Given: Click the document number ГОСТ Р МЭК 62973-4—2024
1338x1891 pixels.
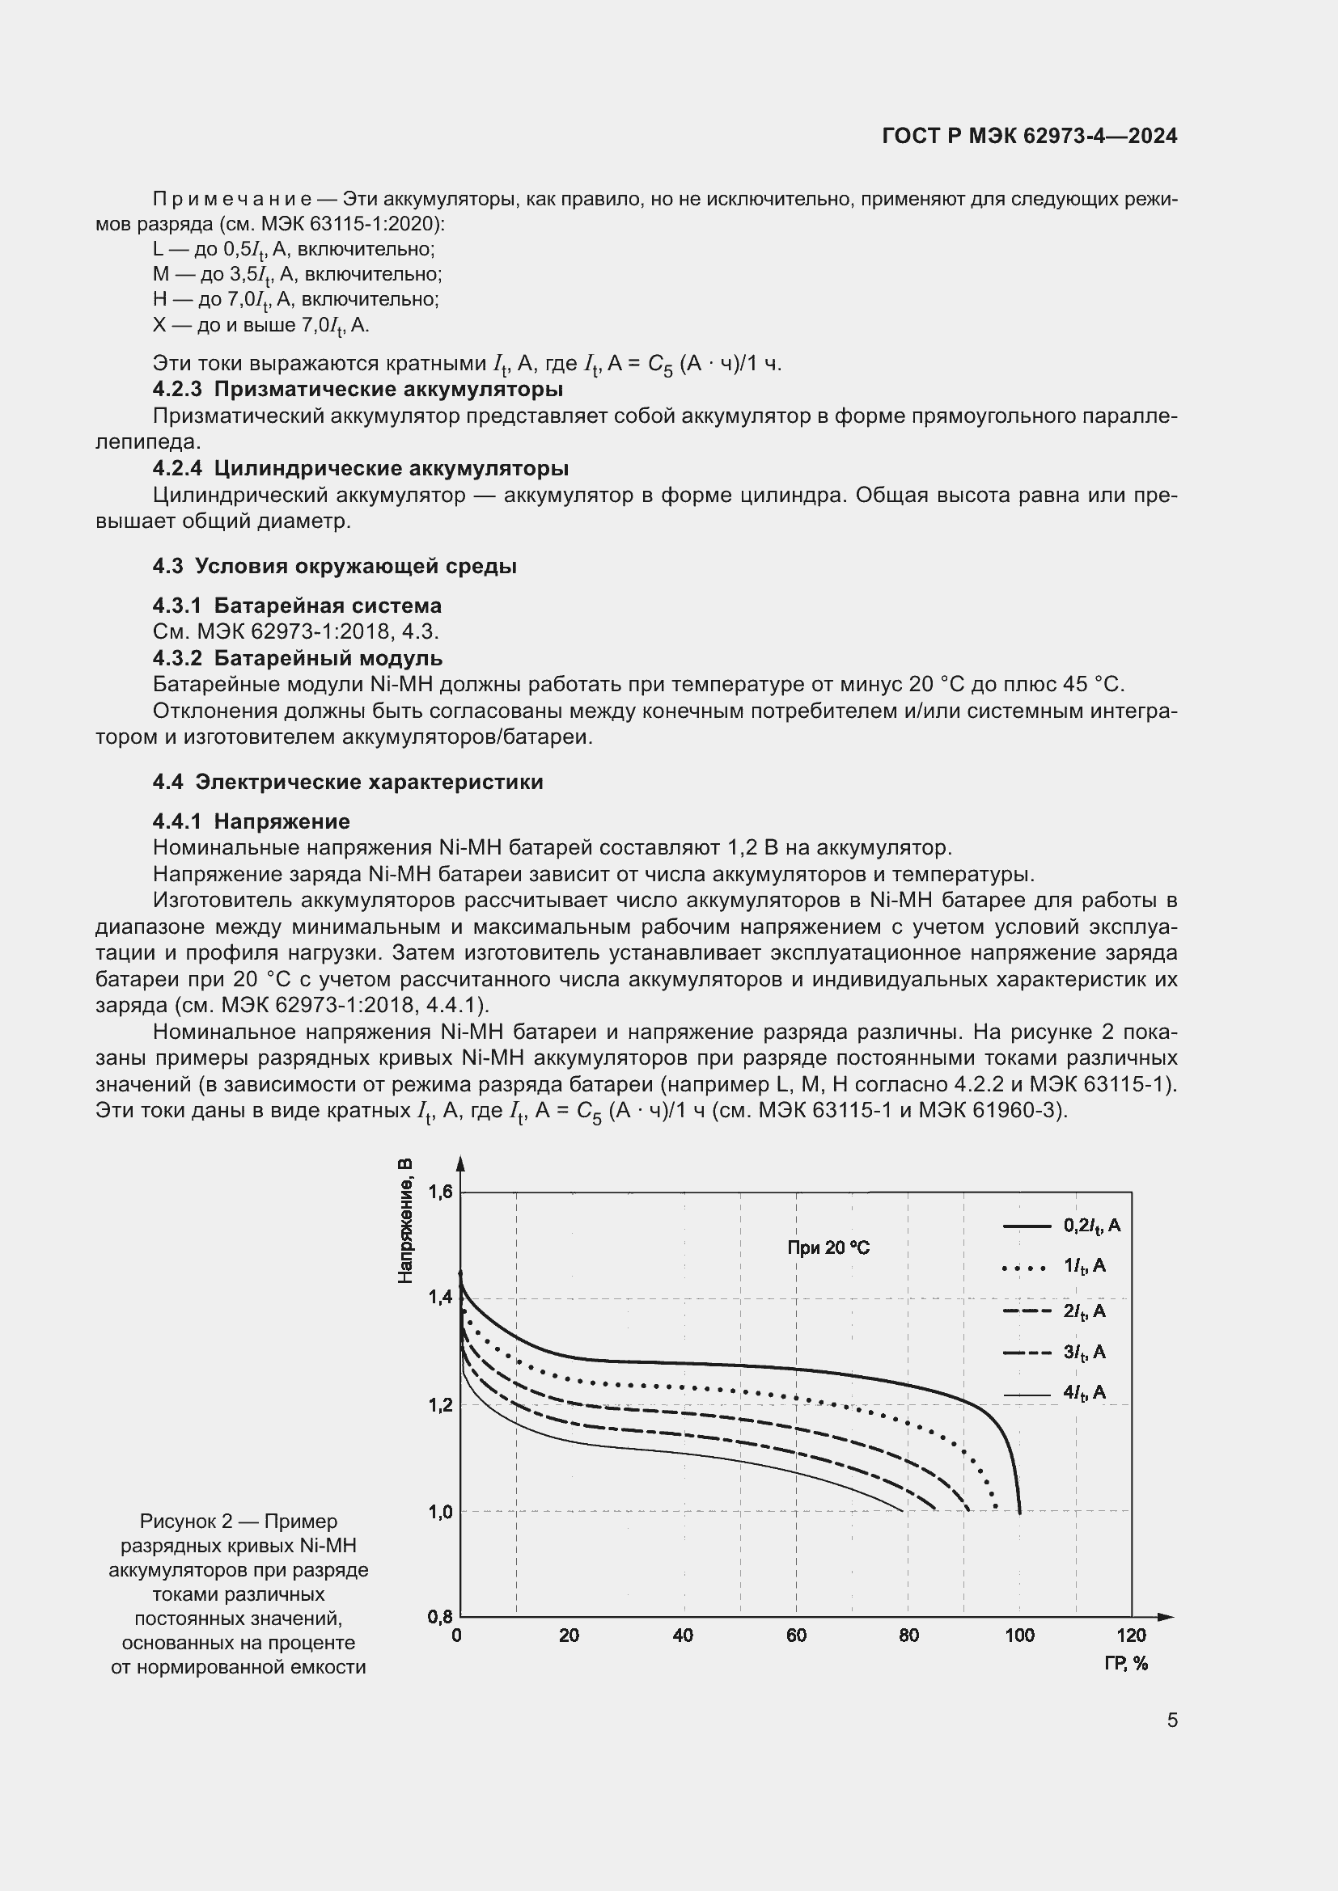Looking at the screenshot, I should (1029, 136).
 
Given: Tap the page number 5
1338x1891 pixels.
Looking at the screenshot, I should (1171, 1720).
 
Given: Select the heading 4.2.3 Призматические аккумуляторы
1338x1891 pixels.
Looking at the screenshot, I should (358, 389).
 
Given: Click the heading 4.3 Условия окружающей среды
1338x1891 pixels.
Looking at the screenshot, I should (335, 566).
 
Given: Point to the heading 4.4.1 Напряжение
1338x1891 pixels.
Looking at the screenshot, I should (252, 821).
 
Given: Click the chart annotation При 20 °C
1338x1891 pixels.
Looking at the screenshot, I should (828, 1247).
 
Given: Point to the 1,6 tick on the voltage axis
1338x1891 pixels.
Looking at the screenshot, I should (440, 1192).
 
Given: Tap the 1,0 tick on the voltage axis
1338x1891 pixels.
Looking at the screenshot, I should (440, 1512).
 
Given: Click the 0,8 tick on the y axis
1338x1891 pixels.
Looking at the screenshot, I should (440, 1617).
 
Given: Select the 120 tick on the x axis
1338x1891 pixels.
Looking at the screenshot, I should (1131, 1636).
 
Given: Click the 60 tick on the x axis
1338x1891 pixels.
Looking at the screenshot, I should (796, 1636).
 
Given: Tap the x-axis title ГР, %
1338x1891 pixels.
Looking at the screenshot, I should (1125, 1664).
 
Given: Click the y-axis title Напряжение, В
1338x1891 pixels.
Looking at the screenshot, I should (404, 1221).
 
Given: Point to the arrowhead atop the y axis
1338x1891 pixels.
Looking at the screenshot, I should (460, 1163).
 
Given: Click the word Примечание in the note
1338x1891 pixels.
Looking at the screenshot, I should (231, 200).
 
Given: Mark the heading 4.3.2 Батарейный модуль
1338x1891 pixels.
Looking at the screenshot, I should (298, 658).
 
